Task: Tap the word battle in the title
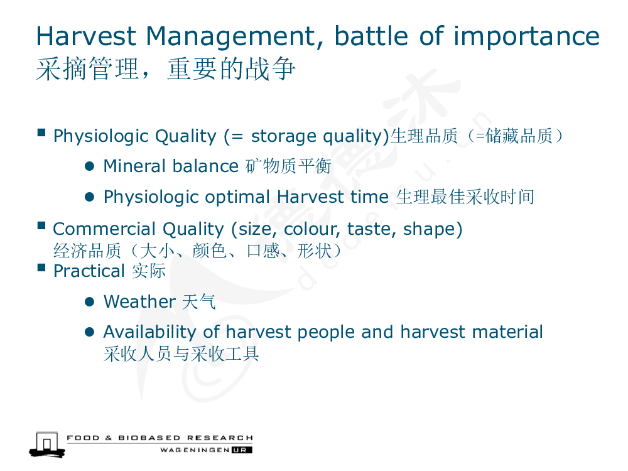point(371,36)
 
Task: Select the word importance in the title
point(526,37)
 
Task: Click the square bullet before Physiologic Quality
point(41,133)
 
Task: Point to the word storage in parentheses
point(284,136)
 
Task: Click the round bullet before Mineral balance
point(89,166)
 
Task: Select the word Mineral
point(135,166)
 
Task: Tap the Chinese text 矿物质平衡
point(288,166)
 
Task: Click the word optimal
point(237,197)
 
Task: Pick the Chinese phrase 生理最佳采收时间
point(465,197)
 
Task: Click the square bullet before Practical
point(41,268)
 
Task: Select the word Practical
point(89,271)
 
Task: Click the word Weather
point(139,301)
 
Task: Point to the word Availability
point(149,332)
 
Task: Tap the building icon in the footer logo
point(47,444)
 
